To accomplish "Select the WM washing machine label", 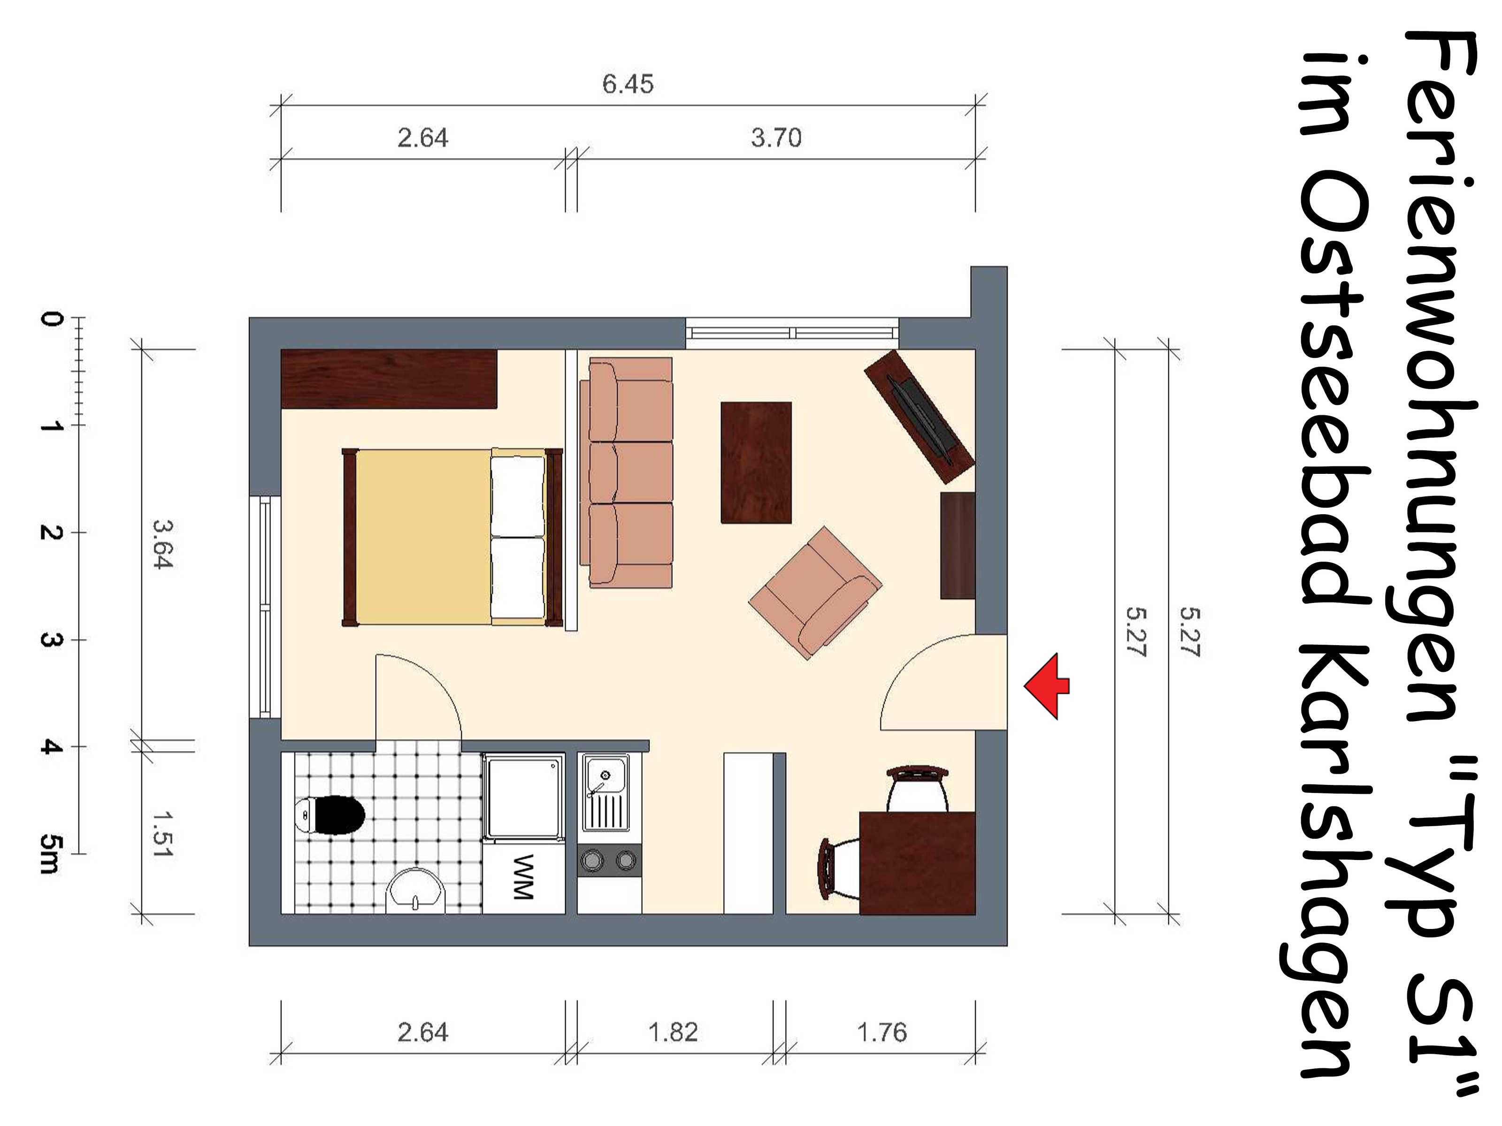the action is [x=523, y=877].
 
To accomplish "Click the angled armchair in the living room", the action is [x=815, y=593].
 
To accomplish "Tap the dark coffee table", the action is [x=756, y=462].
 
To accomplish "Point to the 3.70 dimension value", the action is [x=775, y=138].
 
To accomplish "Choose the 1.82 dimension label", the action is [x=673, y=1032].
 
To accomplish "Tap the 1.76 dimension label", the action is [x=881, y=1032].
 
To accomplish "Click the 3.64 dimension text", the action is [x=163, y=544].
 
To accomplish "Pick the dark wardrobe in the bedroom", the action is [x=389, y=379].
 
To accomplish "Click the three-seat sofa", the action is [x=626, y=472].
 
